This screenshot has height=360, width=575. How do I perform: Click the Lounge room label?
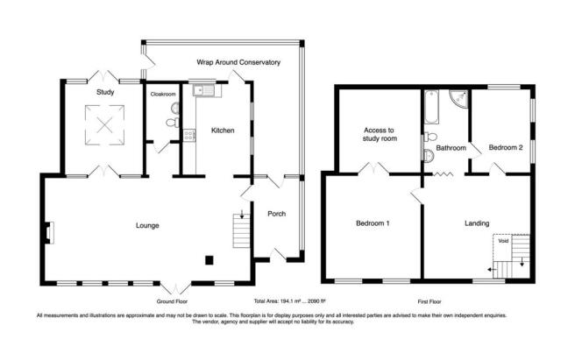click(147, 225)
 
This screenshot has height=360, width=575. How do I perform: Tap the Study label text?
click(105, 92)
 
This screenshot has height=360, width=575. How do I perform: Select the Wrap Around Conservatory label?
click(238, 62)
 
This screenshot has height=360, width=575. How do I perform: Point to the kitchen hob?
click(189, 135)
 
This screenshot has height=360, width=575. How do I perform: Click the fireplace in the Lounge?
click(49, 232)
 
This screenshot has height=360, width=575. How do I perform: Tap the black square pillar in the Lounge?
click(209, 260)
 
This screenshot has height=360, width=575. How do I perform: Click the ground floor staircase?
click(241, 230)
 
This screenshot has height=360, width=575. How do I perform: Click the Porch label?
click(276, 214)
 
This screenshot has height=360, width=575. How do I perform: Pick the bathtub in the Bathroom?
click(431, 106)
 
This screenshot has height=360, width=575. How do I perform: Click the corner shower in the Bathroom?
click(458, 98)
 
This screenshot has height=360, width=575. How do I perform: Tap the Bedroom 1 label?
click(373, 223)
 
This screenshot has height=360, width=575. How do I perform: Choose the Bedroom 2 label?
click(506, 148)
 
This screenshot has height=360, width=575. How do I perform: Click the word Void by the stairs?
click(503, 241)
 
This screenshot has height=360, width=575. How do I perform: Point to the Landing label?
click(477, 223)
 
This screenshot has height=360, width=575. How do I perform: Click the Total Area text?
click(290, 301)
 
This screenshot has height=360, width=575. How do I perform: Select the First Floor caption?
click(429, 301)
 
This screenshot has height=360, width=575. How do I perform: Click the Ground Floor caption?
click(172, 301)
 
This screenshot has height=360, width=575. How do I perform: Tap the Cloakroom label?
click(163, 95)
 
